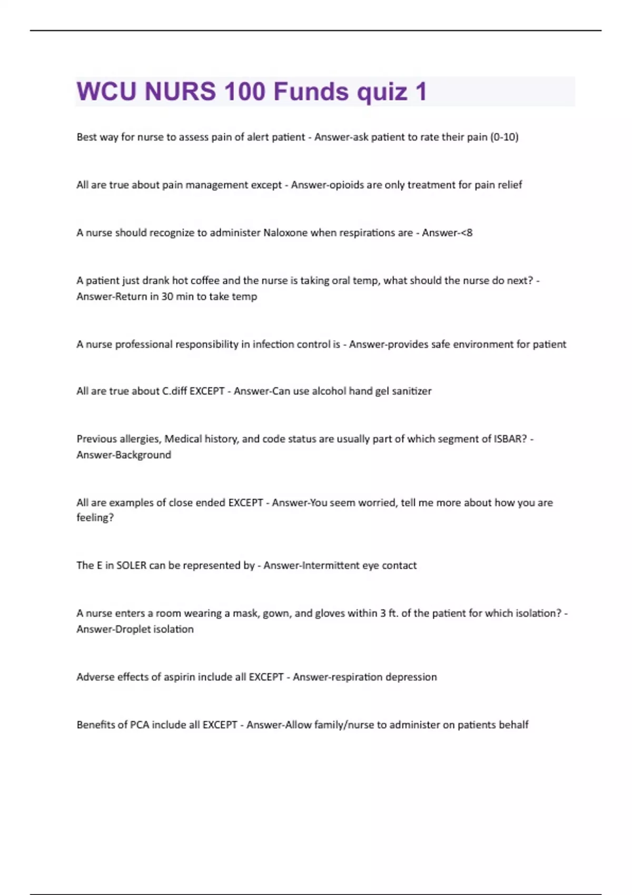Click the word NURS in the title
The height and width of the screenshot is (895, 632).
(180, 92)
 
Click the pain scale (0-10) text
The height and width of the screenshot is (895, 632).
(504, 137)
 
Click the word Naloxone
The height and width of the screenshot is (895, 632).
(285, 233)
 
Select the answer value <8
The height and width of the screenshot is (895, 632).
(467, 233)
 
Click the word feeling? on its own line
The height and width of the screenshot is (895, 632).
(95, 518)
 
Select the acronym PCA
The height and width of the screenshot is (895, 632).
(140, 725)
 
